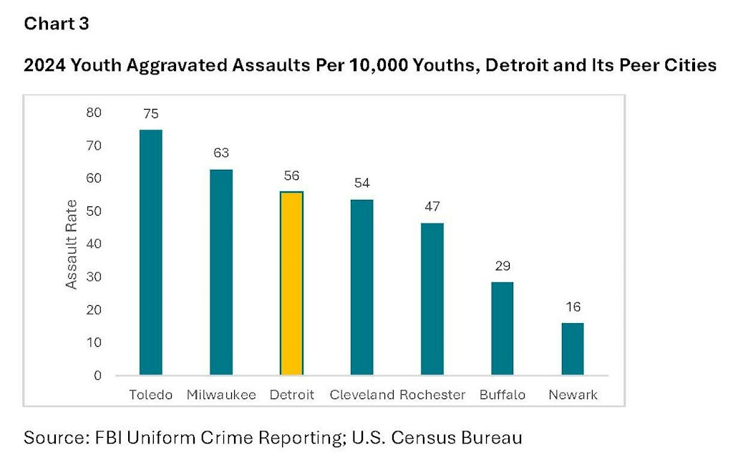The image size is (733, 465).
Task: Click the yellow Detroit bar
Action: point(291,283)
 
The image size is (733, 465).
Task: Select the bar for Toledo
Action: point(150,253)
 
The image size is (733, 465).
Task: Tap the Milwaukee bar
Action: point(221,272)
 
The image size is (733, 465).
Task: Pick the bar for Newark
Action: point(573,349)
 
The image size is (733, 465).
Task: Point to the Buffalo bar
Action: point(502,328)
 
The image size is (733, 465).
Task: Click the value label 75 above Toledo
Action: point(150,114)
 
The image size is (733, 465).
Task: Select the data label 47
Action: point(432,206)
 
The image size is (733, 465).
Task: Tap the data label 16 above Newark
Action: point(573,307)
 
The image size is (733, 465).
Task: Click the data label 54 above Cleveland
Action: point(361,183)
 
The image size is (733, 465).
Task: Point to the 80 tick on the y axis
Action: point(94,112)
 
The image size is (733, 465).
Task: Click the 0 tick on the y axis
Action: point(97,375)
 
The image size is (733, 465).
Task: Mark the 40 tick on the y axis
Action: point(94,244)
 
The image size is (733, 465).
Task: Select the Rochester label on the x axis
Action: point(432,395)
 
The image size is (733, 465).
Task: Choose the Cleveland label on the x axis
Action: point(361,395)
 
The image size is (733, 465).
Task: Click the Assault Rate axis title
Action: point(71,244)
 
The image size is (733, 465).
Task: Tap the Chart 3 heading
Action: point(57,24)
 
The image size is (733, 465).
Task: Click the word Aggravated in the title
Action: point(178,65)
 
